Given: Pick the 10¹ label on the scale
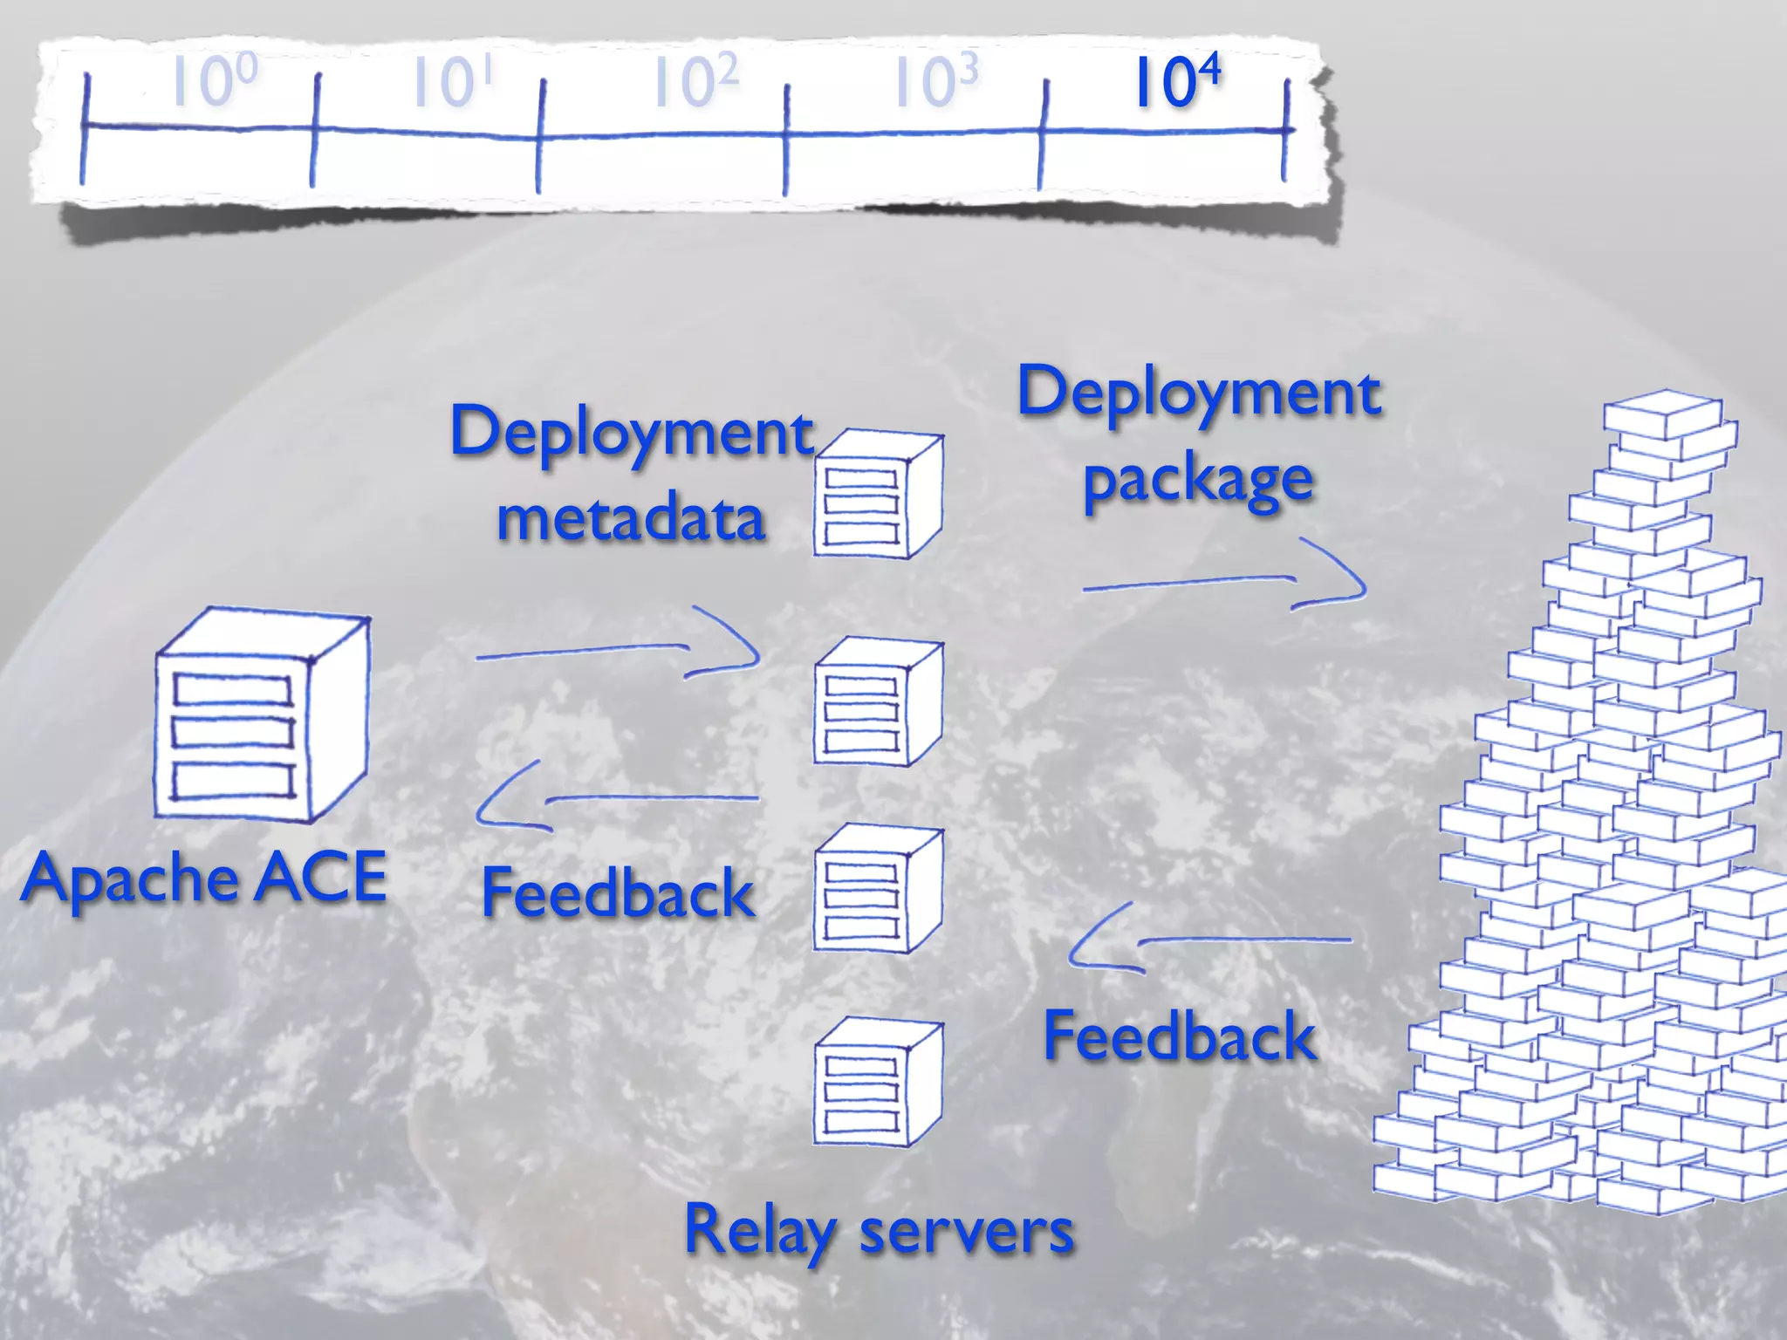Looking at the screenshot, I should [x=451, y=82].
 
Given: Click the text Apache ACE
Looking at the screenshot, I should [x=204, y=878].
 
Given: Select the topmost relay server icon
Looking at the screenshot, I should [x=876, y=495].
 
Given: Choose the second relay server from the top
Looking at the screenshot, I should [x=876, y=702].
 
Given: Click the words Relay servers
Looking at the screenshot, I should [x=879, y=1230].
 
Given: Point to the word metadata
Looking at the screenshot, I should [x=631, y=518].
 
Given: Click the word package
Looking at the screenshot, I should [x=1197, y=481].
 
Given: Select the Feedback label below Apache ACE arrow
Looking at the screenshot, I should [x=618, y=893].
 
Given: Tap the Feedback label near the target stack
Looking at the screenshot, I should [x=1179, y=1036].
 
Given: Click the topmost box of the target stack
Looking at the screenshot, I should [x=1662, y=414].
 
